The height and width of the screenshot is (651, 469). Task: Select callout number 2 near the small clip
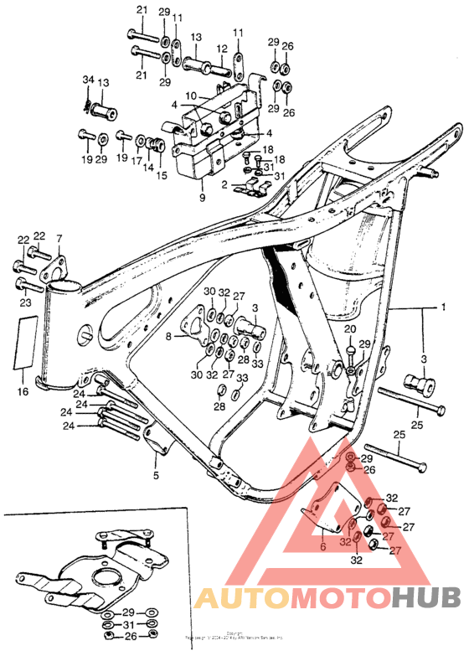[x=224, y=183]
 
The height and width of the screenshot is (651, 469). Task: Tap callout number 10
[x=190, y=96]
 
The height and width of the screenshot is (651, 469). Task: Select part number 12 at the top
[x=223, y=49]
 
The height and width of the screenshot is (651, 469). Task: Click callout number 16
[x=24, y=390]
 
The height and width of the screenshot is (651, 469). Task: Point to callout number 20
[x=350, y=328]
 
